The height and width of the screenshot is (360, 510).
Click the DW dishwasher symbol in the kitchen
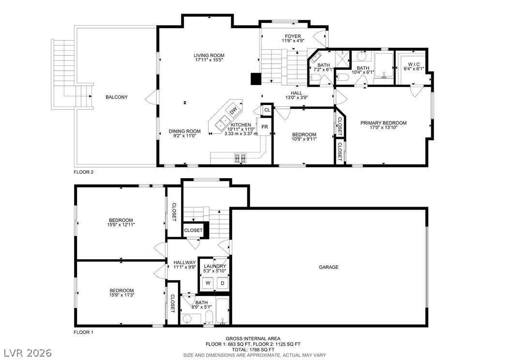pos(233,110)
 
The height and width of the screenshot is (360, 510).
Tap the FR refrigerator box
pos(264,127)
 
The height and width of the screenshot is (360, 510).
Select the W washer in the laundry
pos(208,283)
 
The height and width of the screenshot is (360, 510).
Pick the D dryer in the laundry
pos(223,283)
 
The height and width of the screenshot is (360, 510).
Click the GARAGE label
pos(328,267)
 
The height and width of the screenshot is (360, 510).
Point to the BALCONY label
pos(117,97)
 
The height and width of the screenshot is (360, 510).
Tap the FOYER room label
pos(293,36)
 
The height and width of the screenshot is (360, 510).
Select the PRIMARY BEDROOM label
pos(383,123)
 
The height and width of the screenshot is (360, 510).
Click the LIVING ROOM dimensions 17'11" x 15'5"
pos(210,61)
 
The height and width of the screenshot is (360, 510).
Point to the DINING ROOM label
pos(184,131)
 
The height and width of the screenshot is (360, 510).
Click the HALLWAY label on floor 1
pos(184,262)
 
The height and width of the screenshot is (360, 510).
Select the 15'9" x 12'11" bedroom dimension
pos(121,225)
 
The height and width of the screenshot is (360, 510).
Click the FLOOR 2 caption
pos(83,172)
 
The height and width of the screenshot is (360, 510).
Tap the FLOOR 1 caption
pos(83,332)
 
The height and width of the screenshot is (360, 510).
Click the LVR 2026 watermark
pos(28,351)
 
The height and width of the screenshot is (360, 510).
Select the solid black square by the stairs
pos(255,79)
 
